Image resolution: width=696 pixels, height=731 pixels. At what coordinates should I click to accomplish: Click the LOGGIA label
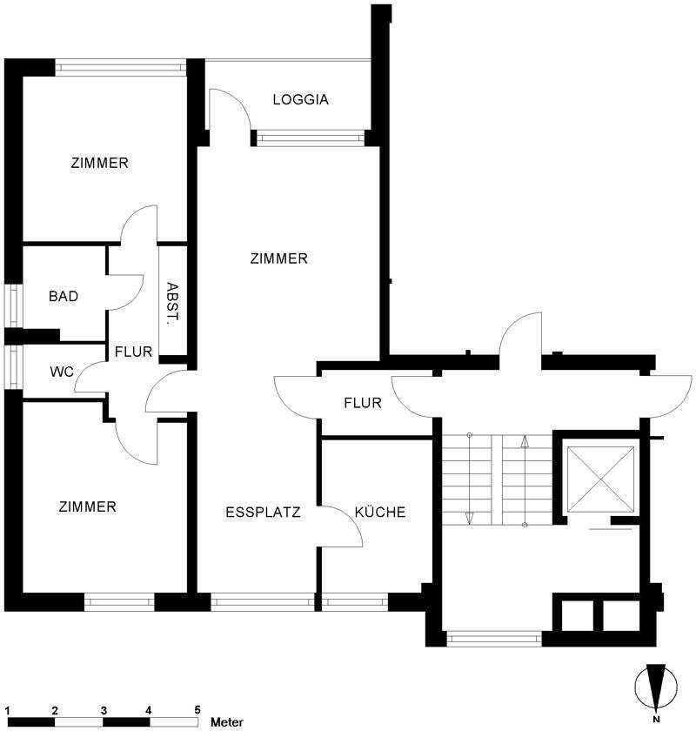pyautogui.click(x=301, y=99)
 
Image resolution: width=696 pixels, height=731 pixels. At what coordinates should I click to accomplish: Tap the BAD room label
pyautogui.click(x=64, y=296)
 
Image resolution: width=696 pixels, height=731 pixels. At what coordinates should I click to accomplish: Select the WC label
pyautogui.click(x=62, y=372)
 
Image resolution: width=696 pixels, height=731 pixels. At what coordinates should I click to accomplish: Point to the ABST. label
pyautogui.click(x=172, y=304)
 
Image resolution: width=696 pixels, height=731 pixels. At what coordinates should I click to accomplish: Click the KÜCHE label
pyautogui.click(x=380, y=512)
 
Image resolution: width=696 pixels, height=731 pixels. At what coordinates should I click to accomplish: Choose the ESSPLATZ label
pyautogui.click(x=263, y=513)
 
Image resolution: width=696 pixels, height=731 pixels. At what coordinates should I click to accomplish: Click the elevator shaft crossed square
pyautogui.click(x=601, y=479)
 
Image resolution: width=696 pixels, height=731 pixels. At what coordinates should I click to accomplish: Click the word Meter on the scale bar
pyautogui.click(x=227, y=722)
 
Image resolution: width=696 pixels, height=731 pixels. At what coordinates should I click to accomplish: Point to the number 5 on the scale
pyautogui.click(x=197, y=710)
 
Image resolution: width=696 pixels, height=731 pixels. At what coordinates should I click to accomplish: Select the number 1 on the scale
pyautogui.click(x=8, y=711)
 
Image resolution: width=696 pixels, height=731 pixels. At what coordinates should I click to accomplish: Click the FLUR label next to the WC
pyautogui.click(x=133, y=352)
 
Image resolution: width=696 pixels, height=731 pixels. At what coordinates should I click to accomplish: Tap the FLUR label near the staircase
pyautogui.click(x=363, y=403)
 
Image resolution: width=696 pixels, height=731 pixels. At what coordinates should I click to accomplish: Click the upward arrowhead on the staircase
pyautogui.click(x=525, y=441)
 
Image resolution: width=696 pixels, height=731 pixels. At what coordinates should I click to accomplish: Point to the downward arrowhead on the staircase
pyautogui.click(x=470, y=518)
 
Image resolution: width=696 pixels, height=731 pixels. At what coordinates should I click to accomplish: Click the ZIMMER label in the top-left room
pyautogui.click(x=99, y=164)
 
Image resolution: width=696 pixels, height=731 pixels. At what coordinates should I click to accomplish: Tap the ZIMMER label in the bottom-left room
pyautogui.click(x=87, y=506)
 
